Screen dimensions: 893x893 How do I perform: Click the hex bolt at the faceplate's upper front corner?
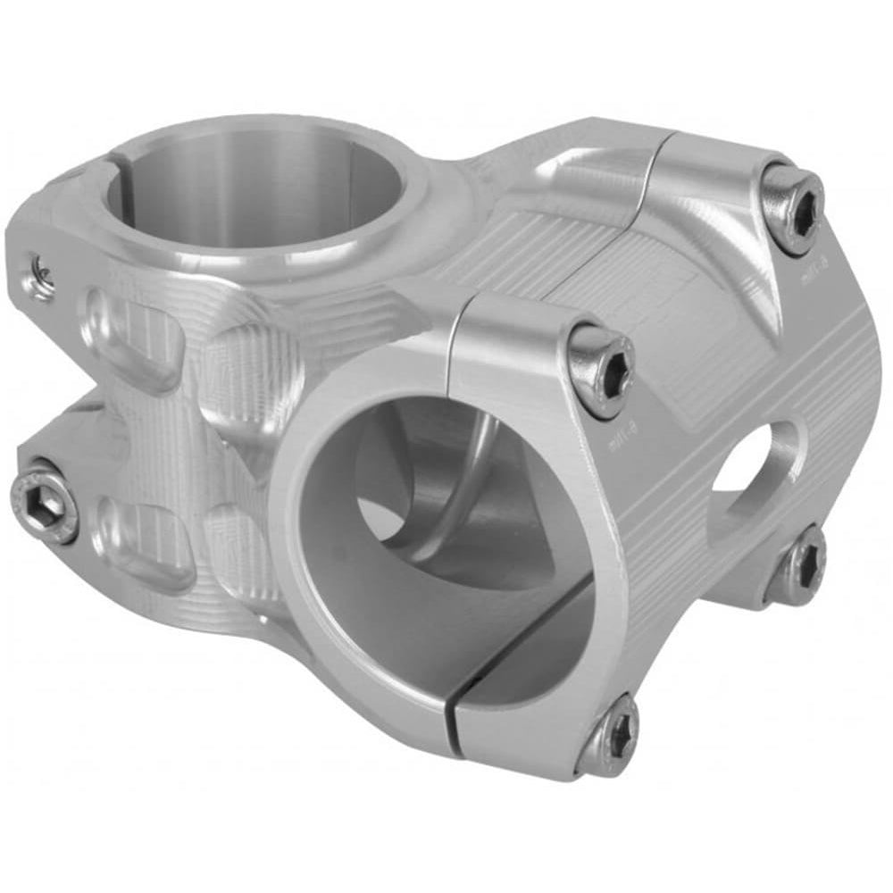tap(601, 367)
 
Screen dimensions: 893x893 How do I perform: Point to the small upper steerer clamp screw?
tap(40, 272)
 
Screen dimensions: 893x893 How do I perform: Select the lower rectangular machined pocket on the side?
tap(147, 536)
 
